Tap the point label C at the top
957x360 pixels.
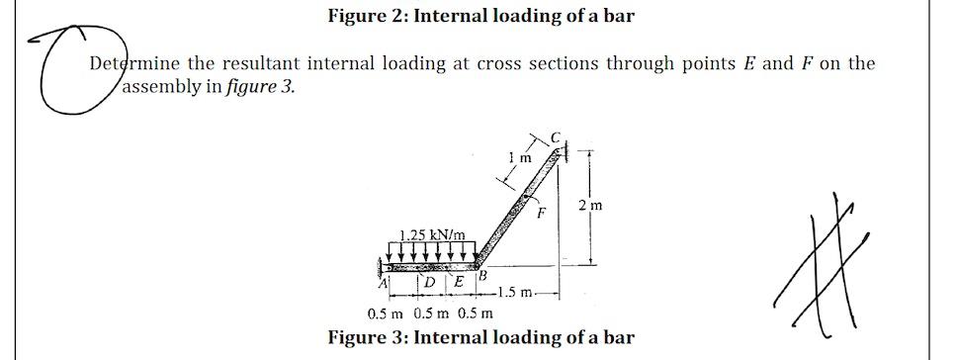pos(556,135)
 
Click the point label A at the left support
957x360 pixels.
pos(388,283)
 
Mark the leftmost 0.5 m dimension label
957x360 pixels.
pos(384,315)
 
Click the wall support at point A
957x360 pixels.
pos(382,267)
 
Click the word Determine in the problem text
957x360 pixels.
pos(133,64)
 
